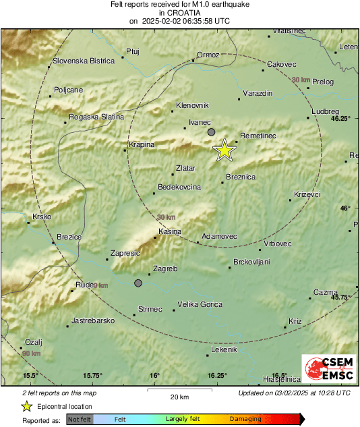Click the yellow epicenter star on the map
click(x=224, y=150)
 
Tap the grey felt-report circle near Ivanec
click(x=211, y=132)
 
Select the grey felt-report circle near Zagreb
click(x=138, y=283)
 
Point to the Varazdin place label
click(x=257, y=92)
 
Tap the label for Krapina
click(x=142, y=144)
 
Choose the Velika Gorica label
click(x=200, y=304)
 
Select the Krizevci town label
click(x=307, y=195)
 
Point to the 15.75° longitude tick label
click(x=92, y=376)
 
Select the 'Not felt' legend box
click(x=80, y=419)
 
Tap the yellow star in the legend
click(x=26, y=406)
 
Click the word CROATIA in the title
click(x=179, y=12)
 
